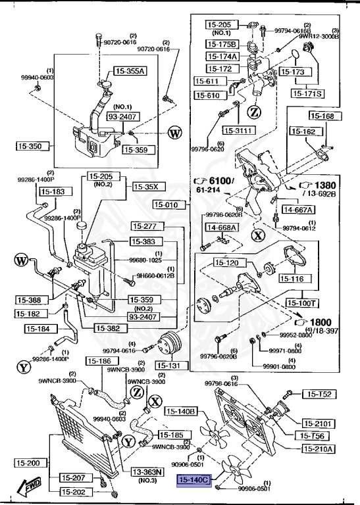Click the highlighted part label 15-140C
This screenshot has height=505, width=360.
[192, 481]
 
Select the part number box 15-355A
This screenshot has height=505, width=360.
[130, 71]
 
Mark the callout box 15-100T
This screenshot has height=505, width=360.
[302, 303]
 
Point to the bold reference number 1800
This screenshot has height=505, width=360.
[321, 322]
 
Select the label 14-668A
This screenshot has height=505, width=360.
[222, 228]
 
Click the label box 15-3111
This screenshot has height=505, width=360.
[238, 130]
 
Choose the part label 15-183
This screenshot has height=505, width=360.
[53, 191]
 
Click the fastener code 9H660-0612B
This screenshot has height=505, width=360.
[155, 276]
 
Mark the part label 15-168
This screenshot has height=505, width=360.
[322, 116]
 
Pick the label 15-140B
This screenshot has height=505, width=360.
[180, 412]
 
